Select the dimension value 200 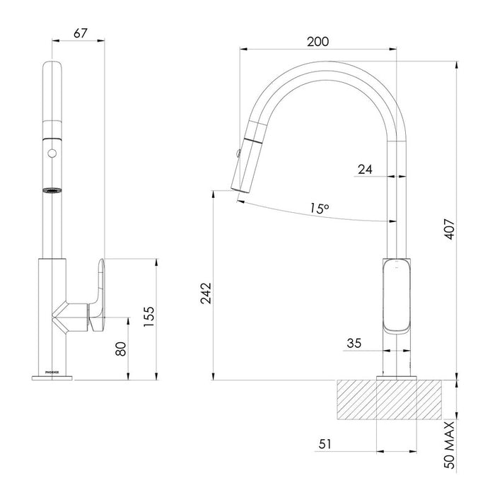click(x=318, y=42)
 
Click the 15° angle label click(x=319, y=209)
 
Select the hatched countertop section click(x=392, y=402)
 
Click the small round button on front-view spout click(x=50, y=153)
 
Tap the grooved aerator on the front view click(x=50, y=190)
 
